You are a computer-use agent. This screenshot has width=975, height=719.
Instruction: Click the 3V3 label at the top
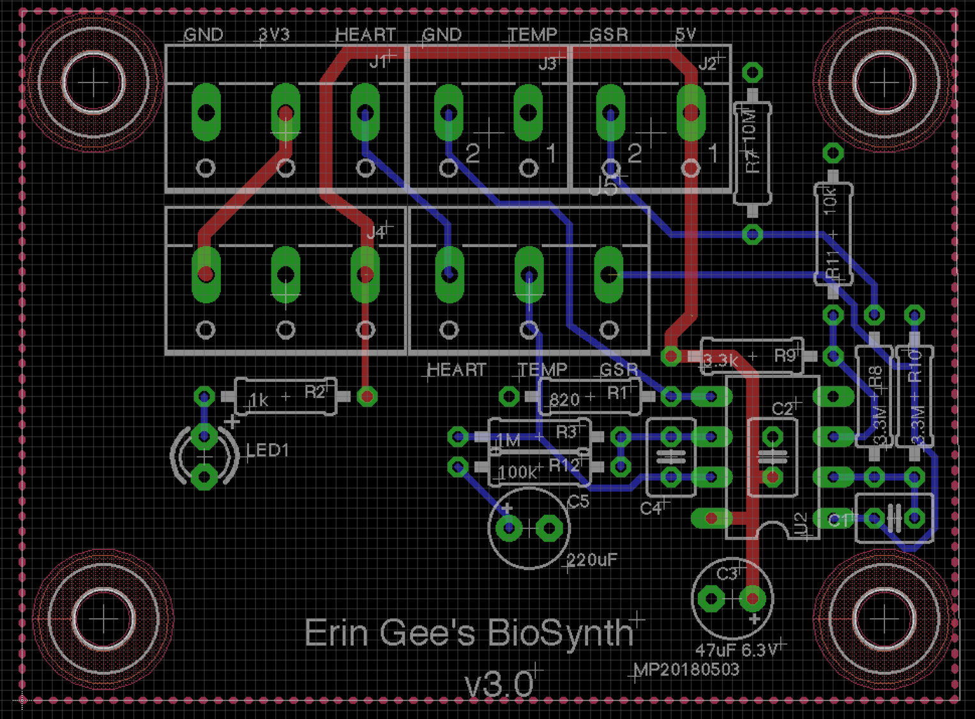[x=275, y=34]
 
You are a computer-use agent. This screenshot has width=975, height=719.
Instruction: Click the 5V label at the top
[x=685, y=34]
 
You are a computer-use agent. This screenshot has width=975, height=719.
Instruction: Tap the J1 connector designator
[x=379, y=62]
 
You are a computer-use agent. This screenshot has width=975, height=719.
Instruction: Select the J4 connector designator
[x=376, y=232]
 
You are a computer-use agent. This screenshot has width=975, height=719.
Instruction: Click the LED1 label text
[x=268, y=450]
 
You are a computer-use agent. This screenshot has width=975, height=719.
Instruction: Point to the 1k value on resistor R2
[x=259, y=400]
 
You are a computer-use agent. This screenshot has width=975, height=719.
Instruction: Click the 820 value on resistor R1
[x=564, y=400]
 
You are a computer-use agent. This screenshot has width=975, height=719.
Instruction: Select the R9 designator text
[x=785, y=356]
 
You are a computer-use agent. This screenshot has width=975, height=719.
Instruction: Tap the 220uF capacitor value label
[x=592, y=560]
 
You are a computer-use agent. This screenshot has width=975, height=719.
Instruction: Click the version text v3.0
[x=499, y=685]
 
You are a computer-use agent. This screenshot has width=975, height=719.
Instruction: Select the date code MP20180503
[x=686, y=669]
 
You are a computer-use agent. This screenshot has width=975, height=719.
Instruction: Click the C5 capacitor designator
[x=578, y=502]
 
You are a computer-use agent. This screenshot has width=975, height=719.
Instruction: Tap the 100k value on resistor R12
[x=517, y=472]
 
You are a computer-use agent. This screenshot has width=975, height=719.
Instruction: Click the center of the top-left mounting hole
[x=93, y=83]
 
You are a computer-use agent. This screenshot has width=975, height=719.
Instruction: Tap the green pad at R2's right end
[x=367, y=397]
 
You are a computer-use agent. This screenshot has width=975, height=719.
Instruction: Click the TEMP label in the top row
[x=533, y=34]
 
